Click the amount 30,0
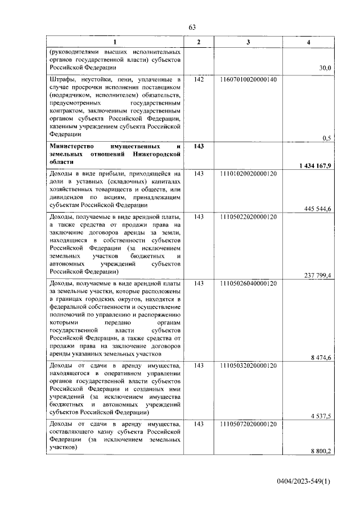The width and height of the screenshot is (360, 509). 325,68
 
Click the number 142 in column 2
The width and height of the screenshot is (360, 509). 198,80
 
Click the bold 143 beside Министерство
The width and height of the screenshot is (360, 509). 198,146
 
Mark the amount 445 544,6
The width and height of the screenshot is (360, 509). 317,209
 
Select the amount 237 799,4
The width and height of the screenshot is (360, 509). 317,275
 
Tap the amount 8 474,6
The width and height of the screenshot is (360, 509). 321,358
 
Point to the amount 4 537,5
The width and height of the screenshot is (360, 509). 321,416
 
